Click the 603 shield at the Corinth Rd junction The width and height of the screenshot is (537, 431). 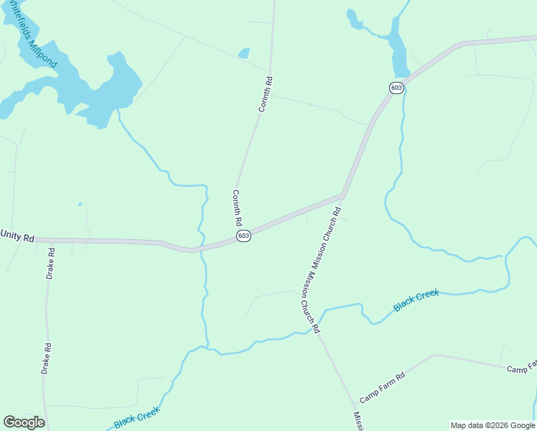click(244, 236)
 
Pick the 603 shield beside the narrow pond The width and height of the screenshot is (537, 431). click(396, 88)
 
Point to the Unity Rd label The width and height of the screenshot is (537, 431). click(17, 236)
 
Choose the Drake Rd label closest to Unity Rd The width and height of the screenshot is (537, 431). click(51, 264)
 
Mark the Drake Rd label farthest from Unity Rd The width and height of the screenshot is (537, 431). click(46, 358)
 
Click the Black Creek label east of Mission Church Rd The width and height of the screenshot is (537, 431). click(416, 300)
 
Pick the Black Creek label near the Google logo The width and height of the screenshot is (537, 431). click(136, 417)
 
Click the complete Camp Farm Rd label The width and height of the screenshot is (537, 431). click(383, 386)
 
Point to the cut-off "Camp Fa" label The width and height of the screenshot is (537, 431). click(522, 369)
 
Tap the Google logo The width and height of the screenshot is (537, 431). click(24, 422)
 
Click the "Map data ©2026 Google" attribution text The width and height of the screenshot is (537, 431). click(492, 425)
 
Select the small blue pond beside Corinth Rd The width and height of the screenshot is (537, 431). click(244, 53)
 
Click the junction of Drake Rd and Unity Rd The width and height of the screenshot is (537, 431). click(50, 240)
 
